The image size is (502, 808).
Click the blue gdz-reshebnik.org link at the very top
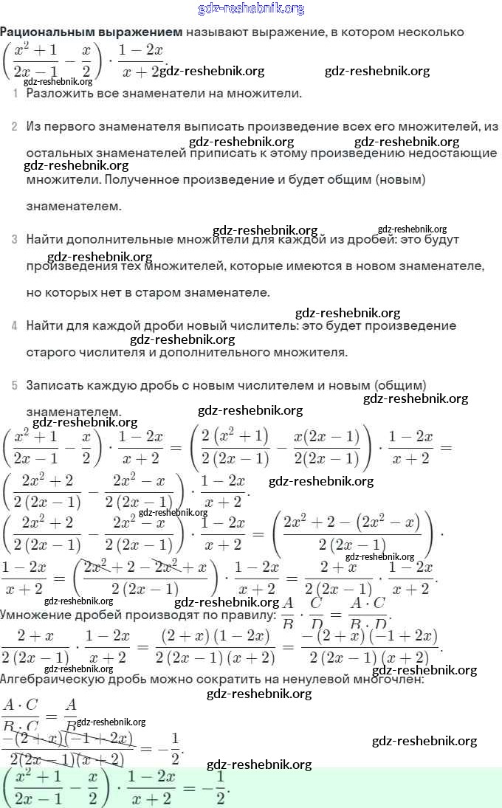251,9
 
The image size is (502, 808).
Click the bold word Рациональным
45,32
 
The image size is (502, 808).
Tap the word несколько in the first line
437,32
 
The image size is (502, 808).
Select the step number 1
15,94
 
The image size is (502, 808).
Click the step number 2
15,127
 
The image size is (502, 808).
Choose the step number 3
15,240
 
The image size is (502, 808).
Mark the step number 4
15,326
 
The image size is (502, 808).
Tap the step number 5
15,385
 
